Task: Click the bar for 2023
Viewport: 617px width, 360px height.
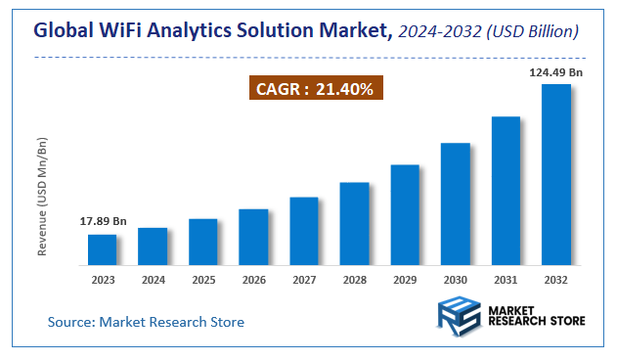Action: (102, 249)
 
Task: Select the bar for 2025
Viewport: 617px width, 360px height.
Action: (202, 242)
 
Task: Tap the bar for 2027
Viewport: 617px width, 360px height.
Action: (304, 231)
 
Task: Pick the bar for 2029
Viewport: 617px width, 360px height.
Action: (405, 214)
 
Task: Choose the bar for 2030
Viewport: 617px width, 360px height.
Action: (456, 203)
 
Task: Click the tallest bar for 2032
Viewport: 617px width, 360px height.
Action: (556, 174)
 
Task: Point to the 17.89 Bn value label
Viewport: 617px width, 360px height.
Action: (103, 222)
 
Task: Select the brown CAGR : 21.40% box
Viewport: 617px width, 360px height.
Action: (314, 89)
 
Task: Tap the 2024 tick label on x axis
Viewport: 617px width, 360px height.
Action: (153, 280)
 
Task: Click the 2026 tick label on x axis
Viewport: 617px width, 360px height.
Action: (253, 280)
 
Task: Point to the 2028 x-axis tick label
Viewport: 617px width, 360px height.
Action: (354, 280)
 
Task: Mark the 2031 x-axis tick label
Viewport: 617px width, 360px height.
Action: (506, 280)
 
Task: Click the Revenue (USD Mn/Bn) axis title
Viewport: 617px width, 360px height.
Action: (43, 197)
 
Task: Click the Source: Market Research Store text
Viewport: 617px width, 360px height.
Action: (146, 322)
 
